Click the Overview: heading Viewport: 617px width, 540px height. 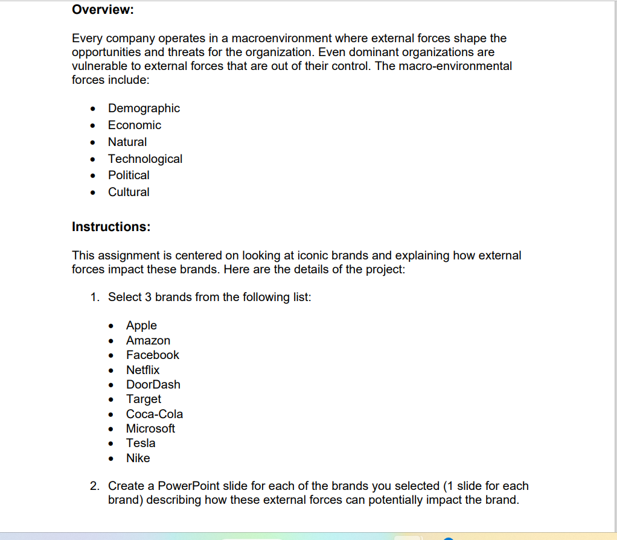[x=103, y=10]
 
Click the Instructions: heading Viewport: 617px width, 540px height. [x=111, y=227]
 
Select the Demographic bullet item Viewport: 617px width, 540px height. [x=144, y=109]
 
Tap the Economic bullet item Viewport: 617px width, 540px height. [x=135, y=125]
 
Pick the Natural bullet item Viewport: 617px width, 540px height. [x=127, y=142]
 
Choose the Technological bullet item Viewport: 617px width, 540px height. [x=145, y=159]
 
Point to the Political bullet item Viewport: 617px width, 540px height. [x=129, y=176]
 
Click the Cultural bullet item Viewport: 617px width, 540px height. [x=129, y=192]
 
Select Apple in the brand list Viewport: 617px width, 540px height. [x=141, y=326]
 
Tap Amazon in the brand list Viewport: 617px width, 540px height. [x=148, y=341]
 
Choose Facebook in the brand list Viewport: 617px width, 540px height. [x=153, y=355]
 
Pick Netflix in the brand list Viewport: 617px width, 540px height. [x=142, y=370]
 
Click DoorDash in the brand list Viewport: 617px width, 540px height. [x=153, y=385]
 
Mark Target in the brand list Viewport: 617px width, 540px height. [x=144, y=399]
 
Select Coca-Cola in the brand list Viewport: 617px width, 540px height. [x=154, y=415]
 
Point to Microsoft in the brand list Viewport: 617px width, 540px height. [x=150, y=429]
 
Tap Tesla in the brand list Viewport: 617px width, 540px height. [x=141, y=443]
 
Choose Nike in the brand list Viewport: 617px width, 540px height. [x=138, y=459]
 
